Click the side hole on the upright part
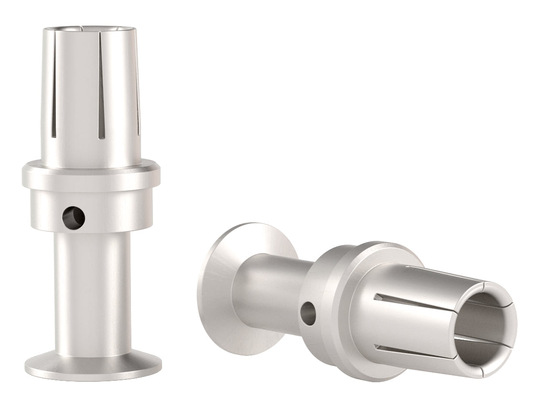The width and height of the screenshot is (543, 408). coord(74,217)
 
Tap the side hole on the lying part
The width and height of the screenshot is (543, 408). coord(308,313)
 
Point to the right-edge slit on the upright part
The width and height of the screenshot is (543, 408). coord(139,105)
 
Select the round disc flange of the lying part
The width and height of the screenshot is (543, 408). coord(215,287)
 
